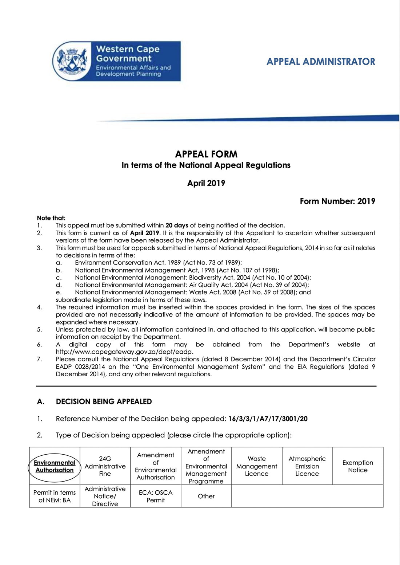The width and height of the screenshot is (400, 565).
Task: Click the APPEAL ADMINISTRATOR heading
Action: pyautogui.click(x=320, y=62)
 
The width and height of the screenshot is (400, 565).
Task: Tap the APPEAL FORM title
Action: pyautogui.click(x=206, y=154)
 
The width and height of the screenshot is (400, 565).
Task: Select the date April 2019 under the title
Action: pyautogui.click(x=206, y=183)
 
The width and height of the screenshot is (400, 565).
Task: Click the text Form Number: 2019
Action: pyautogui.click(x=337, y=201)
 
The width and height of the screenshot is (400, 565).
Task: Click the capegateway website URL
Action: pyautogui.click(x=125, y=352)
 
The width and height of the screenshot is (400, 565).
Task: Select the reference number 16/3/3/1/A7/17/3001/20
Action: pyautogui.click(x=268, y=419)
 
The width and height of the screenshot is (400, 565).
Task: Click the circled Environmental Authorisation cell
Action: pyautogui.click(x=55, y=466)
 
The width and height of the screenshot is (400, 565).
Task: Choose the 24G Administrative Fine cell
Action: pyautogui.click(x=105, y=466)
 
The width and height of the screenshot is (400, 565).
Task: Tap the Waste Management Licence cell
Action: pyautogui.click(x=257, y=466)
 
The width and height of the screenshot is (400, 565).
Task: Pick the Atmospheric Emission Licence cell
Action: pyautogui.click(x=307, y=466)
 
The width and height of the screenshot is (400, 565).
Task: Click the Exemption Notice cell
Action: pyautogui.click(x=358, y=466)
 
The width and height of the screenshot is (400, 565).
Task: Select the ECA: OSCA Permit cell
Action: pyautogui.click(x=156, y=496)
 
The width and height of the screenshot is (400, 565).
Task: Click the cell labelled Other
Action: pyautogui.click(x=206, y=496)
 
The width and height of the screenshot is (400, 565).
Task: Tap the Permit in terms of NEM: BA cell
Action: pyautogui.click(x=55, y=496)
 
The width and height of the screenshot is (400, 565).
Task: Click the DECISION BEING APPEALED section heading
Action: pyautogui.click(x=104, y=401)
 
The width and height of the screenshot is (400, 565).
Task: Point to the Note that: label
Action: pyautogui.click(x=51, y=218)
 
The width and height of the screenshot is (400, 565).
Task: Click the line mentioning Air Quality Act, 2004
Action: pyautogui.click(x=192, y=285)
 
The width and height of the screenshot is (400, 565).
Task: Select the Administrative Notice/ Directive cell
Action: pyautogui.click(x=105, y=496)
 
